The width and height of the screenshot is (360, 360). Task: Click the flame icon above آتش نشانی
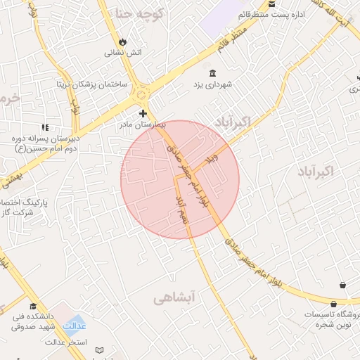click(124, 41)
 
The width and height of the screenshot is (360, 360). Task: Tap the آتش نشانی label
click(124, 52)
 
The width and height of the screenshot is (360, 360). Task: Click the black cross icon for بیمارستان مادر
click(143, 113)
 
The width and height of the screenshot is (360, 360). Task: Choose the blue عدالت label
click(75, 326)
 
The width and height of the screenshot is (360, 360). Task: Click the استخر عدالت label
click(65, 342)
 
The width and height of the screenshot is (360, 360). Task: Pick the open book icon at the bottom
click(99, 350)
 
